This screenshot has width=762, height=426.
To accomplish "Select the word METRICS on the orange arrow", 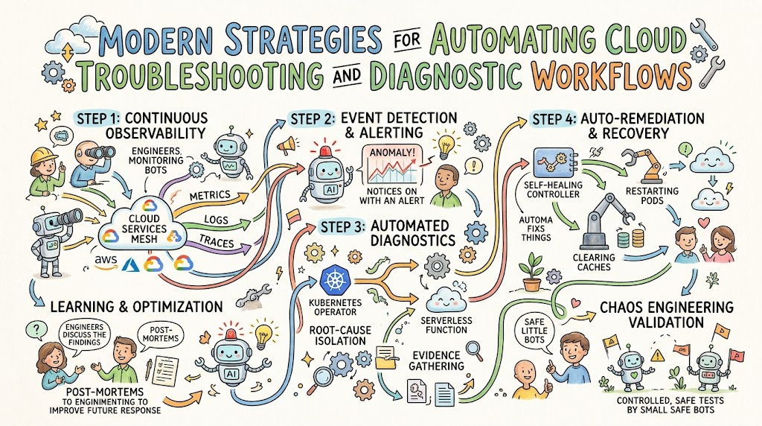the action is tap(210, 195).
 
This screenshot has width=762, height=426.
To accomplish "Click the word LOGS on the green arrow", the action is tap(217, 220).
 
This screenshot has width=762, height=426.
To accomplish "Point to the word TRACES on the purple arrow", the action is tap(217, 241).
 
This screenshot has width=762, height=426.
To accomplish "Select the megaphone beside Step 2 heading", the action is tap(286, 145).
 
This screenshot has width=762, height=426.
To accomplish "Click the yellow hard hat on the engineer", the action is tap(41, 156).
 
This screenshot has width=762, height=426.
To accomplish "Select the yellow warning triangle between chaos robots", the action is tap(658, 355).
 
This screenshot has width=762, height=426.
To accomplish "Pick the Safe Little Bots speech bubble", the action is tap(534, 331).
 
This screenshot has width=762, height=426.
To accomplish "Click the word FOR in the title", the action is tap(407, 39).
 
